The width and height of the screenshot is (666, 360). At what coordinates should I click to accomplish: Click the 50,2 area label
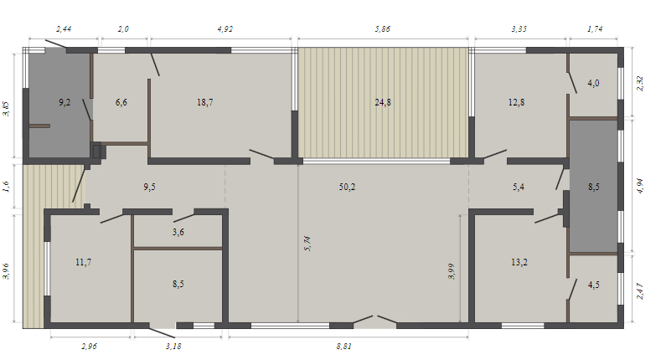[x=347, y=187]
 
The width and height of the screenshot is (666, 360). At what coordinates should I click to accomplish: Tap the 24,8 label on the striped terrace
[x=383, y=102]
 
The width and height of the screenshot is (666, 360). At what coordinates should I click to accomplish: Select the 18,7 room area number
[x=204, y=102]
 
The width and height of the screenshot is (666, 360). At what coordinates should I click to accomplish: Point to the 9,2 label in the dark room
[x=65, y=102]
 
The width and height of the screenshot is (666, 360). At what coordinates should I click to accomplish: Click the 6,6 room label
[x=121, y=102]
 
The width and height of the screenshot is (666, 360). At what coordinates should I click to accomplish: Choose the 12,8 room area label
[x=517, y=102]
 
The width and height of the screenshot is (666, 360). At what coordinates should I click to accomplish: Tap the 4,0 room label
[x=593, y=83]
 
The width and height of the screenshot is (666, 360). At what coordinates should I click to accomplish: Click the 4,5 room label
[x=593, y=285]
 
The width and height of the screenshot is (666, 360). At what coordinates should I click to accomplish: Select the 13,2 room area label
[x=519, y=262]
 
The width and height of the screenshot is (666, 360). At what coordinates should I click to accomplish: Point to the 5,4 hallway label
[x=519, y=187]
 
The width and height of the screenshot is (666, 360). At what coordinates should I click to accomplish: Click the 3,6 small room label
[x=178, y=232]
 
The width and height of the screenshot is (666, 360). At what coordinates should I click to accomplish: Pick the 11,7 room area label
[x=83, y=262]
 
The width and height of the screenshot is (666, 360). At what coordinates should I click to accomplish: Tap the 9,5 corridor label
[x=149, y=187]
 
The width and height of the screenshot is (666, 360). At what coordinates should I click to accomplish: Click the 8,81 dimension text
[x=343, y=346]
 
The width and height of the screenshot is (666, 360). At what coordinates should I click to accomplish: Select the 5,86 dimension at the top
[x=382, y=28]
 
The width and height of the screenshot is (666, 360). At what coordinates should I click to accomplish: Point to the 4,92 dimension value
[x=225, y=28]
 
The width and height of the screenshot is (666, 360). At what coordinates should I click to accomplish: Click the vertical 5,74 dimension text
[x=308, y=244]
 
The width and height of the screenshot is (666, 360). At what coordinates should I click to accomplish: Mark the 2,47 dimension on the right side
[x=640, y=291]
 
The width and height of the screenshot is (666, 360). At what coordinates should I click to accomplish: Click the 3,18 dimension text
[x=173, y=346]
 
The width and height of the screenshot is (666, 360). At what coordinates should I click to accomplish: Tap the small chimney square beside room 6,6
[x=96, y=152]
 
